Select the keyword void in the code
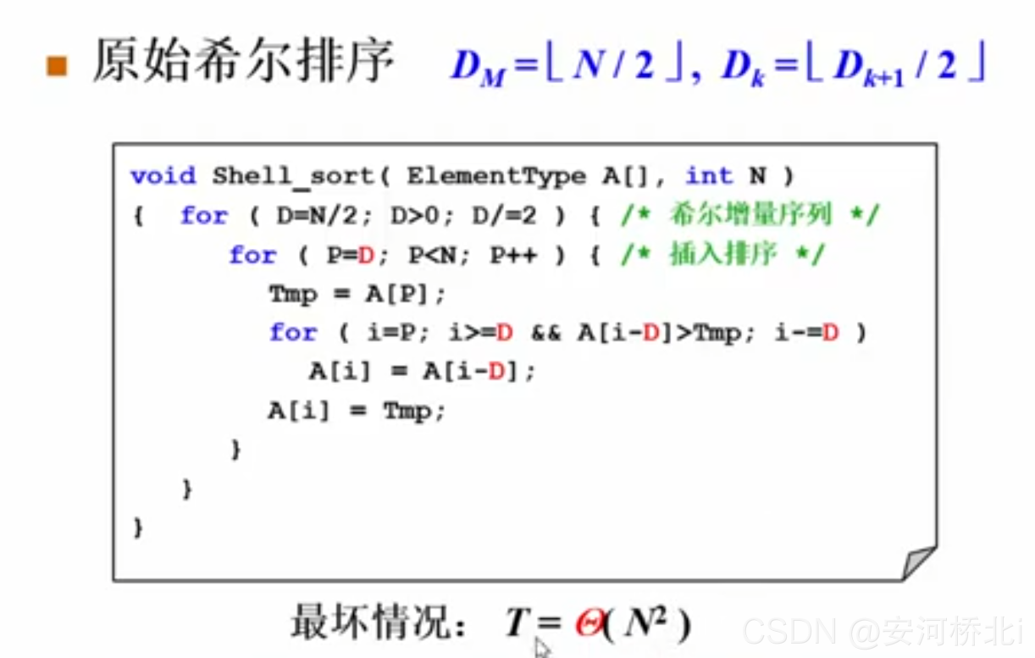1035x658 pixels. coord(163,176)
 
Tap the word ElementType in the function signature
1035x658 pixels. coord(495,176)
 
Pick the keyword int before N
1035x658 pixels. coord(709,176)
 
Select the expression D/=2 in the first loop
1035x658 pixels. coord(505,216)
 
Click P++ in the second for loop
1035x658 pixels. coord(513,255)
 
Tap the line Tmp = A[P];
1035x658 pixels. coord(357,295)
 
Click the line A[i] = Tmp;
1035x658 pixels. coord(356,412)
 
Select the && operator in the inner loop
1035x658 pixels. coord(546,333)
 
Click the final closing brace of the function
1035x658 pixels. coord(138,528)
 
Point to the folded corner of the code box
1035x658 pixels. coord(918,562)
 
